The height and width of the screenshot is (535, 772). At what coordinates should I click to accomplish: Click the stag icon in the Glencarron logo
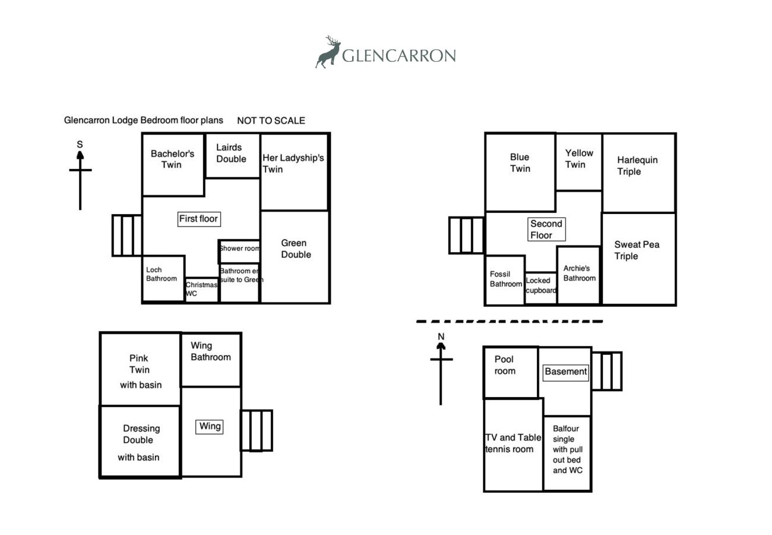pos(328,52)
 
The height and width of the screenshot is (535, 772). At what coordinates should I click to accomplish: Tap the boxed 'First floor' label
pos(199,219)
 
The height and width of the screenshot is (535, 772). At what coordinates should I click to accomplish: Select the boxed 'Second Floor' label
pos(546,229)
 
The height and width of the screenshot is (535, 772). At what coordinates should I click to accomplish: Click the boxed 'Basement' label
pos(565,373)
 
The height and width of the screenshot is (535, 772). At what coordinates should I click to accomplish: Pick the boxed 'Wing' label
pos(210,427)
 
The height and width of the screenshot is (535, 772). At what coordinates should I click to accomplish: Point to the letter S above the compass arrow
pos(80,144)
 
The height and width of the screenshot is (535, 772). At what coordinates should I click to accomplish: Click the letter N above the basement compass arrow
pos(441,336)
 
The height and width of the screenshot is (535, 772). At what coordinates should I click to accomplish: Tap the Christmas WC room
pos(202,289)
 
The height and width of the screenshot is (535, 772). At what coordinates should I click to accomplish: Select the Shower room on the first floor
pos(239,251)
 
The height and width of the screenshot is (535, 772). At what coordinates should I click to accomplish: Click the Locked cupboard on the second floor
pos(541,288)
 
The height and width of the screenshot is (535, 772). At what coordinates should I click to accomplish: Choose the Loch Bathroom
pos(163,278)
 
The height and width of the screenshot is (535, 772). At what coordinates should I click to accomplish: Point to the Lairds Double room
pos(233,156)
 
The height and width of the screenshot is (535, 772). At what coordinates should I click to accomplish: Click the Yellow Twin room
pos(579,162)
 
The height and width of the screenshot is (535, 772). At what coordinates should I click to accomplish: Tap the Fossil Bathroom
pos(505,280)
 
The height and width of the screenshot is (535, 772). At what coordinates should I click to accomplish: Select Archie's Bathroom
pos(579,275)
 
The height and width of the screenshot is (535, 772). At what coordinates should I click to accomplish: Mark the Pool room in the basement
pos(511,373)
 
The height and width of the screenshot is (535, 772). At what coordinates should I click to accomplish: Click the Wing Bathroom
pos(211,360)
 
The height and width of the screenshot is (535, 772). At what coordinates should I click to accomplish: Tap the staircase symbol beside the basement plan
pos(607,371)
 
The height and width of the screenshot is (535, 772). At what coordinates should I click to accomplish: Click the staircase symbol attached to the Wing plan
pos(257,430)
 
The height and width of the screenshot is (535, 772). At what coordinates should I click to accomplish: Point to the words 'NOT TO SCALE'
pos(271,121)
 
